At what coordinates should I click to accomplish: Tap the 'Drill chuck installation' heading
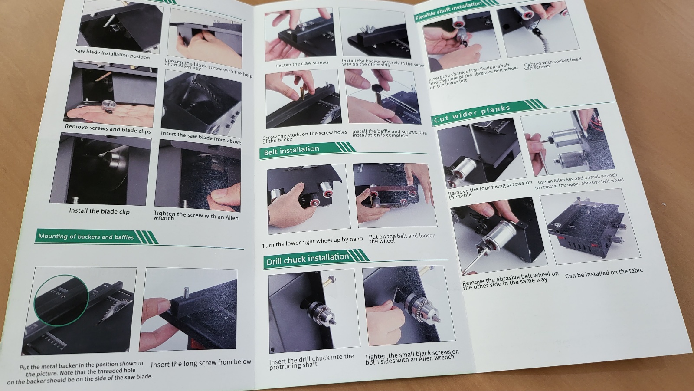pos(308,259)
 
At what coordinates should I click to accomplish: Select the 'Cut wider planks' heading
pos(471,114)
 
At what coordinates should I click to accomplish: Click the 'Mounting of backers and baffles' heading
pos(86,237)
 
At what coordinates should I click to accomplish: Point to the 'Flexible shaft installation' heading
pos(448,11)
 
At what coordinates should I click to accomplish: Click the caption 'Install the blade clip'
pos(99,211)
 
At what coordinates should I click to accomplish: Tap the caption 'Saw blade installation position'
pos(112,54)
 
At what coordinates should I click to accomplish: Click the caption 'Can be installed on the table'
pos(604,273)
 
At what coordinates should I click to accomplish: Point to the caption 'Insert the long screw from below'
pos(201,363)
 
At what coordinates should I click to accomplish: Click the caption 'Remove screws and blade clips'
pos(108,129)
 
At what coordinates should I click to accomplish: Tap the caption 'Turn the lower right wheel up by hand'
pos(312,242)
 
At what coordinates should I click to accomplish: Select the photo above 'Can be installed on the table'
pos(590,226)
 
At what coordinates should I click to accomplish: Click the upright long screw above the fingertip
pos(187,293)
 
